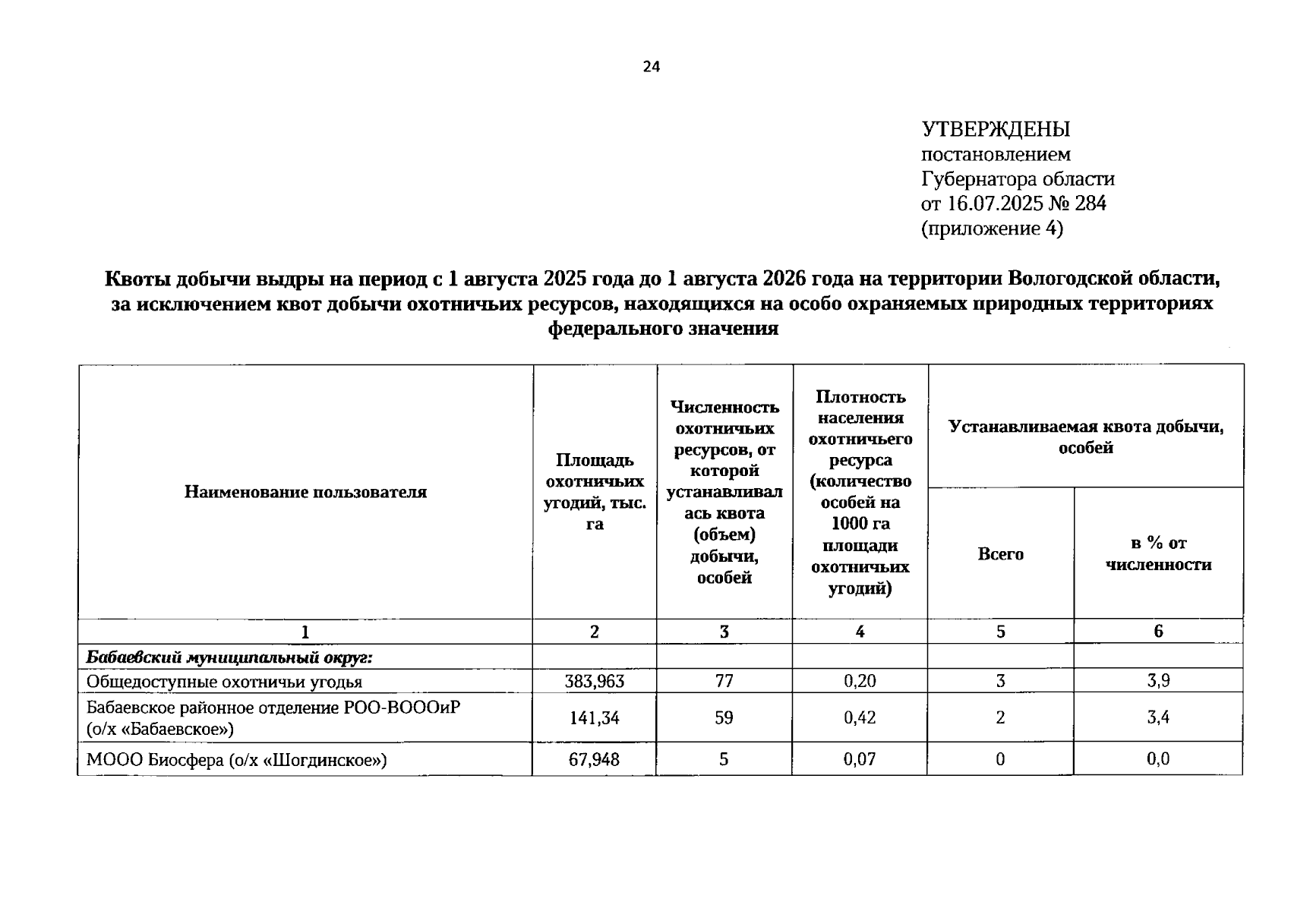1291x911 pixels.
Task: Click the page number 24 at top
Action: (x=652, y=67)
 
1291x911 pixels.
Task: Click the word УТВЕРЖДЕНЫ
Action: (x=996, y=129)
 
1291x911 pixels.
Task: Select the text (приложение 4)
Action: (x=992, y=229)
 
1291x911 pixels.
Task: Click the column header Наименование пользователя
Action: (x=305, y=492)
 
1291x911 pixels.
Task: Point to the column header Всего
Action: (x=1000, y=554)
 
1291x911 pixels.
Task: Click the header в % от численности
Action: (x=1158, y=553)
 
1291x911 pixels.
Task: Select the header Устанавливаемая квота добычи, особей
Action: (x=1086, y=437)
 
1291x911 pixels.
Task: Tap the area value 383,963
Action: (x=594, y=682)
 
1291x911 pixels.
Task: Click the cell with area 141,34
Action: (x=594, y=717)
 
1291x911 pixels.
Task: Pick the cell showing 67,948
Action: (x=594, y=759)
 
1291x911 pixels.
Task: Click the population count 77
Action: (x=724, y=682)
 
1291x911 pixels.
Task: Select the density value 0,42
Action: (x=860, y=717)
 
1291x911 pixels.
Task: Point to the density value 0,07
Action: (x=860, y=759)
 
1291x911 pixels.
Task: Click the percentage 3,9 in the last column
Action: (x=1158, y=682)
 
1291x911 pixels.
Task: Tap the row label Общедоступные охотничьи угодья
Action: (x=224, y=682)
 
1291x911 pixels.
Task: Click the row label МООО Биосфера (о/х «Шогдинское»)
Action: (x=236, y=759)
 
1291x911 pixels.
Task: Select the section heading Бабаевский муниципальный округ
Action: (x=229, y=657)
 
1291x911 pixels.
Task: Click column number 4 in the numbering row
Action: (x=860, y=632)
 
